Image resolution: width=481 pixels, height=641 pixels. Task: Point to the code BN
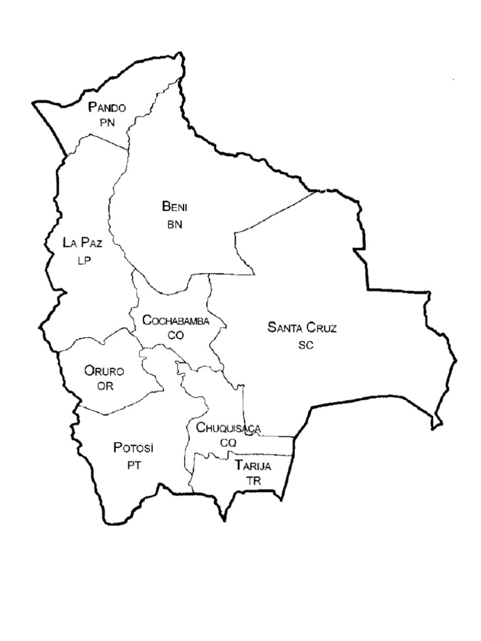pos(174,225)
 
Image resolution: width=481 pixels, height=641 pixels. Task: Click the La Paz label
pos(83,243)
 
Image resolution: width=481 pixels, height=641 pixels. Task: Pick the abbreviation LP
pos(85,261)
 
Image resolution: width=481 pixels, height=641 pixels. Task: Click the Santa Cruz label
pos(302,327)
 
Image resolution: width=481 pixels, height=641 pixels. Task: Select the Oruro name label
pos(105,371)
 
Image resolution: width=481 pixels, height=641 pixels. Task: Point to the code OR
pos(105,386)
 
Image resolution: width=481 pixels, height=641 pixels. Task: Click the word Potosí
pos(133,448)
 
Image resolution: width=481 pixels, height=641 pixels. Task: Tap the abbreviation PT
pos(135,466)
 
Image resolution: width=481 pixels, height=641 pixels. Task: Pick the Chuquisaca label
pos(228,428)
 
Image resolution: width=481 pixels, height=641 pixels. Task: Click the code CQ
pos(228,443)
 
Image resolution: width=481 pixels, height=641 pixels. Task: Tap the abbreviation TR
pos(254,481)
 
